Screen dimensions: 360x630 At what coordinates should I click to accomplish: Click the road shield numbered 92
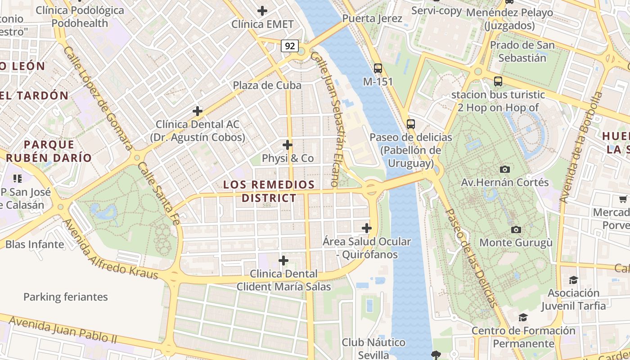[x=290, y=45]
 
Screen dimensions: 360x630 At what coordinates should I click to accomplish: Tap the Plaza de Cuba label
[x=267, y=85]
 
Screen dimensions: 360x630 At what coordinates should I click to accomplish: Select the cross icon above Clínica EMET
[x=262, y=11]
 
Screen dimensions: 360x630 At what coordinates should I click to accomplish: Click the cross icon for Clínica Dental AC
[x=197, y=111]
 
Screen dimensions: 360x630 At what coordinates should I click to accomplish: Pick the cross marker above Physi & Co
[x=288, y=145]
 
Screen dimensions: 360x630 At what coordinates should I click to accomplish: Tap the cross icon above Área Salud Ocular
[x=367, y=228]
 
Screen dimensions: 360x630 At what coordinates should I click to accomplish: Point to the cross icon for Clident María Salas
[x=283, y=261]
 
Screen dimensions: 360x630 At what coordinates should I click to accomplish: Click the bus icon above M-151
[x=378, y=68]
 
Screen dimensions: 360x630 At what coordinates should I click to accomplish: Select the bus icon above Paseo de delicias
[x=410, y=124]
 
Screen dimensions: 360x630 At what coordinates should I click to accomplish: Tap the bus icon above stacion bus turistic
[x=498, y=81]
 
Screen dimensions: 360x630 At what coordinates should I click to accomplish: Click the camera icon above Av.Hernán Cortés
[x=505, y=169]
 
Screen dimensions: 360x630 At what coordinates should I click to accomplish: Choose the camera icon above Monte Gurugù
[x=516, y=229]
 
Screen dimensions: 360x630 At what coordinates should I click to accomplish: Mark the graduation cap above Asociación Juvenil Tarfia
[x=573, y=280]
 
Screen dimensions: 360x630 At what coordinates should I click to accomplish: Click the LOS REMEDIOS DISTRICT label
[x=269, y=191]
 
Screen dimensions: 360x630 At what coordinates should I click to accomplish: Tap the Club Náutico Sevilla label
[x=373, y=348]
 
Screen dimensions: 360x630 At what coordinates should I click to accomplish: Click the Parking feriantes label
[x=66, y=297]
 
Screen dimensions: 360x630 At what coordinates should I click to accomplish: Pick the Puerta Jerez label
[x=372, y=19]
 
